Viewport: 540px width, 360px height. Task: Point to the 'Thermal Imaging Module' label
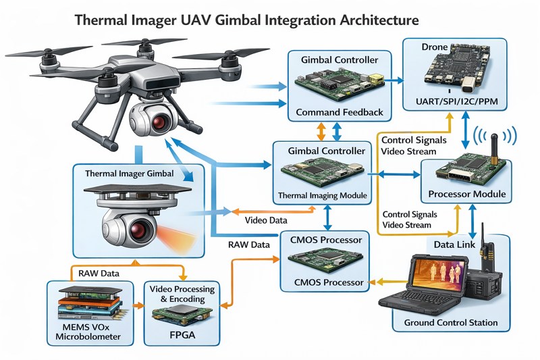tap(323, 196)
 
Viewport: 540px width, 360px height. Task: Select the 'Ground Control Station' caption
tap(450, 322)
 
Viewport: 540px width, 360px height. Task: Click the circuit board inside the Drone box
tap(451, 71)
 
